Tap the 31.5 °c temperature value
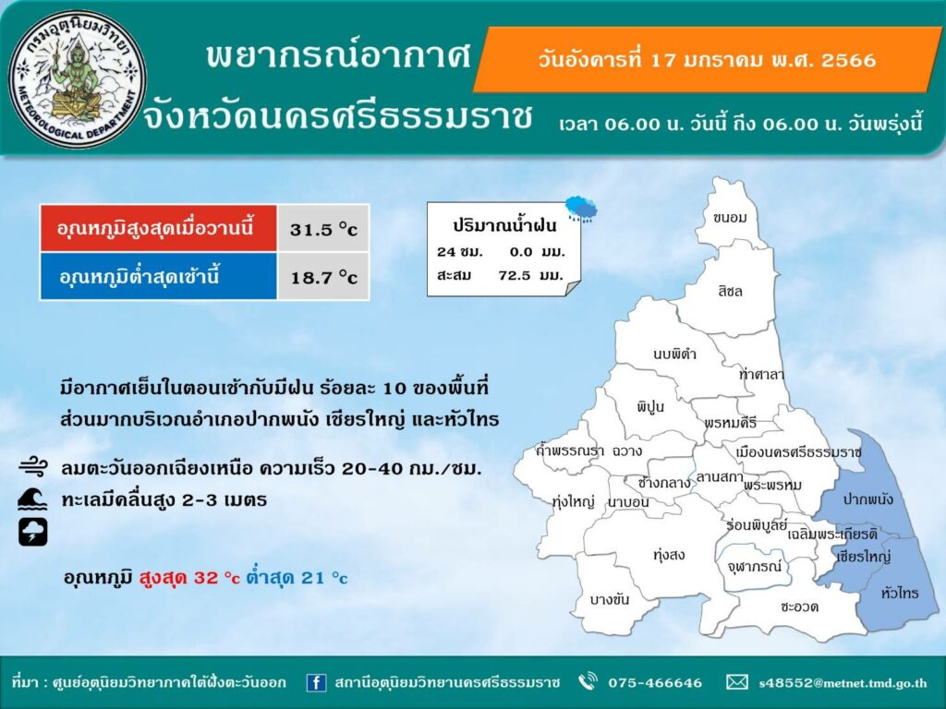point(323,229)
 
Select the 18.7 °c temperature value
point(324,277)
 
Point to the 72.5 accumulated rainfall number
point(515,275)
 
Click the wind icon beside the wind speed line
point(32,467)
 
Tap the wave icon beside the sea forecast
point(32,499)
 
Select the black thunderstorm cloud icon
point(32,532)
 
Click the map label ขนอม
point(730,218)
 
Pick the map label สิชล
point(730,291)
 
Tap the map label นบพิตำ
point(674,354)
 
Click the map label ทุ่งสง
point(669,555)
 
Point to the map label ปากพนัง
point(868,499)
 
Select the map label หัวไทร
point(900,594)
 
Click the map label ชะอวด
point(799,607)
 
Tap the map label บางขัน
point(610,599)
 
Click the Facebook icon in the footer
point(316,682)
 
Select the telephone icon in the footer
point(588,682)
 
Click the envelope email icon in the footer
point(736,682)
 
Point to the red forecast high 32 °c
point(189,578)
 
